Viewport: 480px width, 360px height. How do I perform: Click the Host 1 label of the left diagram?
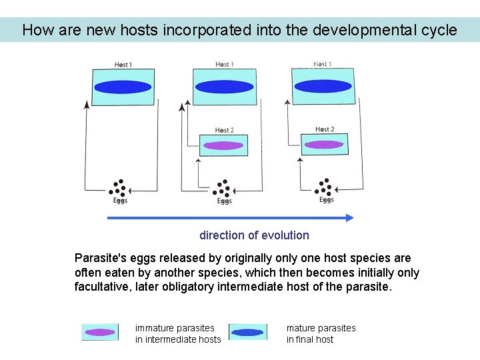point(123,65)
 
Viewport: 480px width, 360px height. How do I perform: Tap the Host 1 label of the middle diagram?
point(223,65)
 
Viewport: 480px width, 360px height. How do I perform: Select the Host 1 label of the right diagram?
point(323,65)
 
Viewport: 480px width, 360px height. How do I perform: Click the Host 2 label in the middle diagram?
point(223,130)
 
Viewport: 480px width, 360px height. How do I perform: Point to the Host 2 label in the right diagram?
point(325,129)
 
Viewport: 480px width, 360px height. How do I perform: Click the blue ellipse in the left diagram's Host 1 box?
point(123,87)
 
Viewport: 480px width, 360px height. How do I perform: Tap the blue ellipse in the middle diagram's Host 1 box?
point(225,87)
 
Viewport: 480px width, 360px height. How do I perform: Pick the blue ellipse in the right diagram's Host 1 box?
point(323,86)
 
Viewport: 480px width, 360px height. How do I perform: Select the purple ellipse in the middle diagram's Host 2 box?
point(223,145)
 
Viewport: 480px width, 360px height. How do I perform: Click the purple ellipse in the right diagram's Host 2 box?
point(324,144)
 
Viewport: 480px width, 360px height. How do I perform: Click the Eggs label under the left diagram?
point(119,200)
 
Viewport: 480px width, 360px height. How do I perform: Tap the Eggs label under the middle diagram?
point(225,201)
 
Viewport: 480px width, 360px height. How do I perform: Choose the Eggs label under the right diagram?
point(326,200)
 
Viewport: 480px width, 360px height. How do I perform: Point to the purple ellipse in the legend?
point(100,332)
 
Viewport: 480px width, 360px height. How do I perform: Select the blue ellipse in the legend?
point(247,332)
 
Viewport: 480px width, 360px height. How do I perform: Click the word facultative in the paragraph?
point(101,287)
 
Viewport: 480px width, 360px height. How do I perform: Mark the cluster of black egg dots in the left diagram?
point(119,187)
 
